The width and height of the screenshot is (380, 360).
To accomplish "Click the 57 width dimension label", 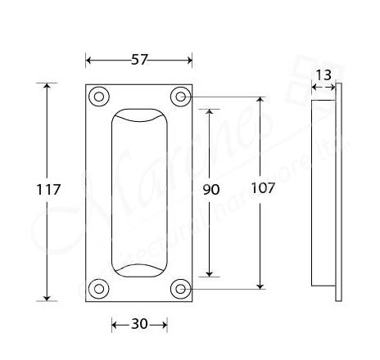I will pyautogui.click(x=139, y=60).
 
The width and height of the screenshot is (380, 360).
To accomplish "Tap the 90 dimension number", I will pyautogui.click(x=210, y=189).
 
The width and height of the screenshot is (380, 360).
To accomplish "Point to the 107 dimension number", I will pyautogui.click(x=262, y=187).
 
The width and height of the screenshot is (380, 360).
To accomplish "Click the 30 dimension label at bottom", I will pyautogui.click(x=139, y=324).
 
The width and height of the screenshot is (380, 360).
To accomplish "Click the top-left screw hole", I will pyautogui.click(x=99, y=97).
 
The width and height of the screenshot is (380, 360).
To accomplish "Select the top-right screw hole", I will pyautogui.click(x=180, y=97).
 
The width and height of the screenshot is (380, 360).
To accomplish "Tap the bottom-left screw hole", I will pyautogui.click(x=99, y=288).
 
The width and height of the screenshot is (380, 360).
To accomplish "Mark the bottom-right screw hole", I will pyautogui.click(x=180, y=288).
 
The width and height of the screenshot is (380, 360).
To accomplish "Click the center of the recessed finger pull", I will pyautogui.click(x=139, y=192).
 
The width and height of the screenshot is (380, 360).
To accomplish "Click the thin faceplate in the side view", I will pyautogui.click(x=338, y=192).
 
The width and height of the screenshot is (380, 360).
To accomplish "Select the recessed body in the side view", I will pyautogui.click(x=323, y=192).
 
